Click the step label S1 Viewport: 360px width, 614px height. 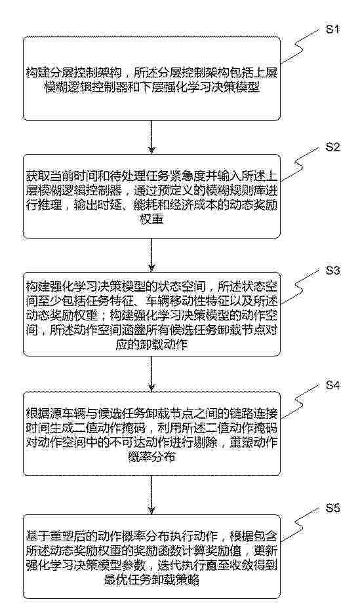click(333, 29)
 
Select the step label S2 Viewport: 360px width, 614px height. click(333, 147)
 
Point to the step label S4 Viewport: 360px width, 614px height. click(333, 385)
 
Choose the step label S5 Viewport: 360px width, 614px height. click(333, 508)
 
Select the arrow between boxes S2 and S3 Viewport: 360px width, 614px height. click(151, 255)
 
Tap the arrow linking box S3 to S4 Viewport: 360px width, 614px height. click(151, 374)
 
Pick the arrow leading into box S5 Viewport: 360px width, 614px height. click(151, 495)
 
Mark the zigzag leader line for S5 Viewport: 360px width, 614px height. click(300, 525)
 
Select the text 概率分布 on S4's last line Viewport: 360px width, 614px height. click(151, 456)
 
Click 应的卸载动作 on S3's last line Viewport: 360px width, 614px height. click(151, 345)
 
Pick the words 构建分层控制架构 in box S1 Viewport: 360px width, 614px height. click(73, 73)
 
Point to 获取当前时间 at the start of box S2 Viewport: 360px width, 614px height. click(61, 174)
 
